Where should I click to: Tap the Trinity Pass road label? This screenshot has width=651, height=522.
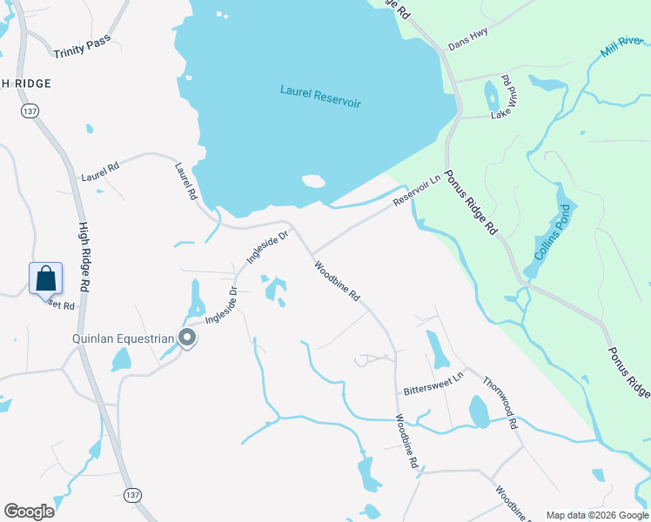tap(81, 50)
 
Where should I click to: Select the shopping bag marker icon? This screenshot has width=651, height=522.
tap(45, 279)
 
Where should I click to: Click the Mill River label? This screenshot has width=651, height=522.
tap(619, 46)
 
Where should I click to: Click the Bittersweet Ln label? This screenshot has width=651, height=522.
tap(434, 382)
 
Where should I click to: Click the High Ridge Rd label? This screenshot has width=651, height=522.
tap(84, 258)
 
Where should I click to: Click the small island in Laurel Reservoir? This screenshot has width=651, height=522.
tap(313, 182)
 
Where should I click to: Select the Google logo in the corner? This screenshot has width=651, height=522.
tap(29, 512)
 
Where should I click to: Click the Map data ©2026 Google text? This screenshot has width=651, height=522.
tap(597, 515)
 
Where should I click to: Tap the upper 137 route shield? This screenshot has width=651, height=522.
tap(30, 111)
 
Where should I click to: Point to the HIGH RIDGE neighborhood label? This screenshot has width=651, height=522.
tap(26, 83)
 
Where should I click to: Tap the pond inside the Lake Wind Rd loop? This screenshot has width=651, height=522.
tap(492, 95)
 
